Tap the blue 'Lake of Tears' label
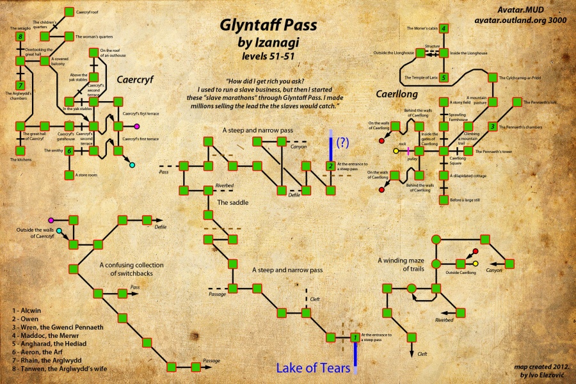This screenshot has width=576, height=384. click(x=313, y=368)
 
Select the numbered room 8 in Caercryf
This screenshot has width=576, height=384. click(x=21, y=37)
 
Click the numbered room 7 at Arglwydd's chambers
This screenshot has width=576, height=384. click(x=21, y=85)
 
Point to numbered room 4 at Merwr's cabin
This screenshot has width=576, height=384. click(x=445, y=29)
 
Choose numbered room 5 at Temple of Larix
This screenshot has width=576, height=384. click(x=445, y=77)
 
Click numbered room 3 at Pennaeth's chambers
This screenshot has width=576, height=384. click(x=493, y=126)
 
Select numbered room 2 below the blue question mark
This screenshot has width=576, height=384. click(x=330, y=166)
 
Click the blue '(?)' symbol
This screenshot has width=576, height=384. click(x=344, y=141)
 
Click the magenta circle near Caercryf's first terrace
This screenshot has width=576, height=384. click(x=136, y=125)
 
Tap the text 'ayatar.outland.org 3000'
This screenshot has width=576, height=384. click(x=522, y=20)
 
